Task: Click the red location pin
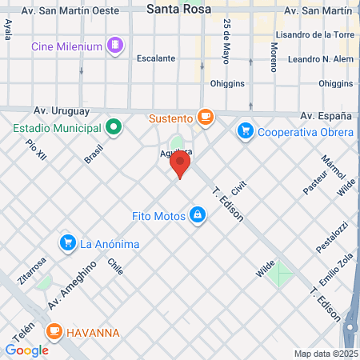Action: pyautogui.click(x=180, y=165)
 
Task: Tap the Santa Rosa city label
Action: pyautogui.click(x=180, y=10)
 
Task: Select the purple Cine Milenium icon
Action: pyautogui.click(x=117, y=46)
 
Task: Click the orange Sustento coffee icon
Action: pyautogui.click(x=206, y=118)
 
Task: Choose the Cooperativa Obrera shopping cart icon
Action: pyautogui.click(x=246, y=130)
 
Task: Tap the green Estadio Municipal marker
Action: pyautogui.click(x=114, y=126)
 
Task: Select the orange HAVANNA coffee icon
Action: pyautogui.click(x=54, y=330)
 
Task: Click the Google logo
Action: pyautogui.click(x=26, y=350)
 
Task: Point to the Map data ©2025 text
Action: pyautogui.click(x=325, y=353)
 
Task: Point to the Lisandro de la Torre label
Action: pyautogui.click(x=313, y=35)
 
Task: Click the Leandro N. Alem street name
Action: pyautogui.click(x=318, y=59)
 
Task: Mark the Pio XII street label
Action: pyautogui.click(x=36, y=150)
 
